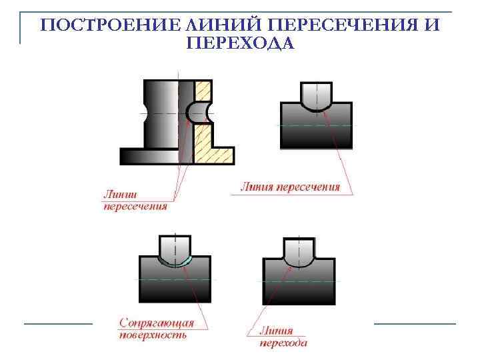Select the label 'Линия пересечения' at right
(x=290, y=187)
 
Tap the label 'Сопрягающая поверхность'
(x=157, y=329)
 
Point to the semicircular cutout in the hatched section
(x=200, y=112)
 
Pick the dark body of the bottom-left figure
(x=175, y=283)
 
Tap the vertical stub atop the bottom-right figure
(x=299, y=250)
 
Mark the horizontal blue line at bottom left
(x=58, y=323)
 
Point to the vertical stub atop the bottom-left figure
(x=174, y=247)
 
